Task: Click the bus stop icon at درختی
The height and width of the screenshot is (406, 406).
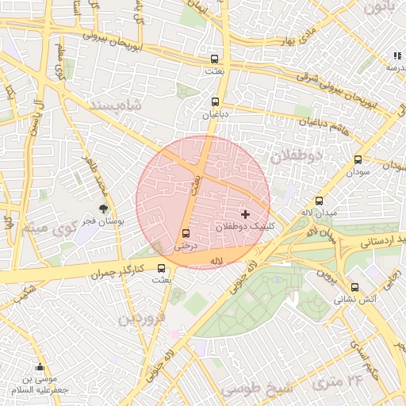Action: click(186, 234)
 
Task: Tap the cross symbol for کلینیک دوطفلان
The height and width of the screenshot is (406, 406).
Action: click(245, 214)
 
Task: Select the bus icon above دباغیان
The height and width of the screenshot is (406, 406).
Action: click(215, 101)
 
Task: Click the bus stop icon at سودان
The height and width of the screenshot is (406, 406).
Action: click(358, 159)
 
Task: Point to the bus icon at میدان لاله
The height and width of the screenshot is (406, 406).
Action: click(320, 201)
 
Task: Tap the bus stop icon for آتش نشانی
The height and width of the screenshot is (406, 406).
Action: click(354, 288)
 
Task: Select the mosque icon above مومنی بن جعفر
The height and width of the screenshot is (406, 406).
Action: click(40, 366)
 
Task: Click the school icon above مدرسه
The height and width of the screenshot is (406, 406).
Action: click(396, 56)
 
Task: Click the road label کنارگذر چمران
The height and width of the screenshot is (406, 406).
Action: click(118, 272)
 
